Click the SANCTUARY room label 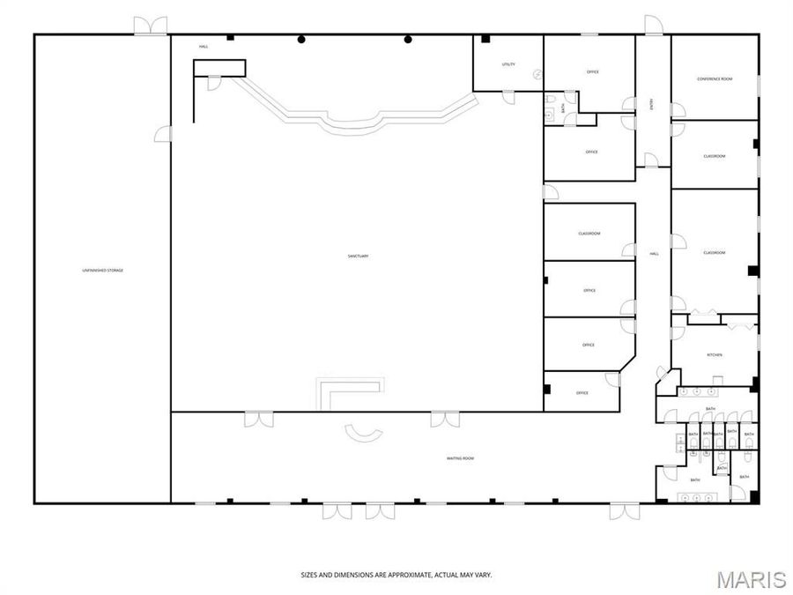(358, 257)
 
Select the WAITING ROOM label (461, 458)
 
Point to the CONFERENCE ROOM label (715, 79)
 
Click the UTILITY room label (508, 64)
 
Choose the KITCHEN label (715, 354)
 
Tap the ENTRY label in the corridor (651, 104)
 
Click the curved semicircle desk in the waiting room (363, 433)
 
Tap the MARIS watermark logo (751, 579)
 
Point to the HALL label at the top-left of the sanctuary (204, 47)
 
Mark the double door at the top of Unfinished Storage (151, 26)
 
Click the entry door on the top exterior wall (653, 26)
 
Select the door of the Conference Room (677, 110)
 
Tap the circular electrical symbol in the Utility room (536, 76)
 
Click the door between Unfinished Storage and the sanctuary (163, 134)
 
